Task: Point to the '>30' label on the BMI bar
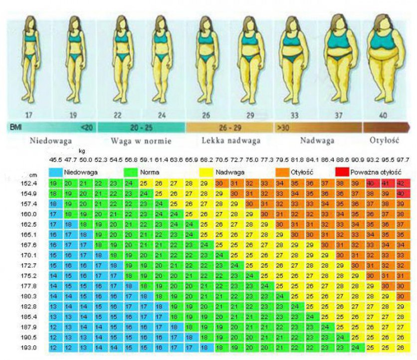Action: [x=282, y=127]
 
